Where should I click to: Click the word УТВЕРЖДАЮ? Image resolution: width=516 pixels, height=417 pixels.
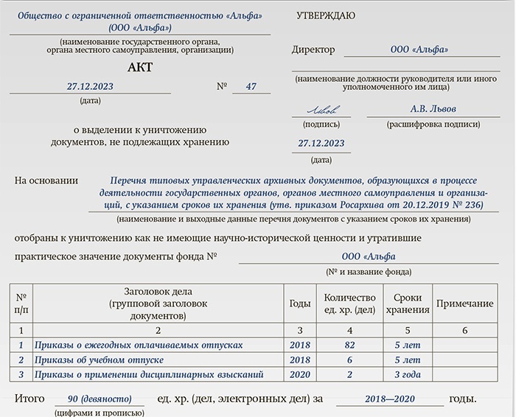325,15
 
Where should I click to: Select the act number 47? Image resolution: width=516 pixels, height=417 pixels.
251,87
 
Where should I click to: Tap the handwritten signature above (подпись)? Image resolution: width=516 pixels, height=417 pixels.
321,111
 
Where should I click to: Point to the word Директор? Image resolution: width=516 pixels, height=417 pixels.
313,50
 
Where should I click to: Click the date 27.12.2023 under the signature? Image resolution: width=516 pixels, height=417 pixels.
321,144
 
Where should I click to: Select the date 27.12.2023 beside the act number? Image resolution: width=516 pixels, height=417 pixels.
90,87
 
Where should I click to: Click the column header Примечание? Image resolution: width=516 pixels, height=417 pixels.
464,304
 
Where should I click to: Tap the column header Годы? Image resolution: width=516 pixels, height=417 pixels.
299,304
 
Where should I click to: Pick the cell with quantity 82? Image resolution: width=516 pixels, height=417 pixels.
349,345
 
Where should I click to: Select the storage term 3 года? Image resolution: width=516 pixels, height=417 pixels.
407,375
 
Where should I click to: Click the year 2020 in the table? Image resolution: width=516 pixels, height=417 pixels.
299,375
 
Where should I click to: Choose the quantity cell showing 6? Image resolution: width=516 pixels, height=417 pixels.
349,360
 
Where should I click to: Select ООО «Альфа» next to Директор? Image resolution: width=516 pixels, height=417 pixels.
418,50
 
